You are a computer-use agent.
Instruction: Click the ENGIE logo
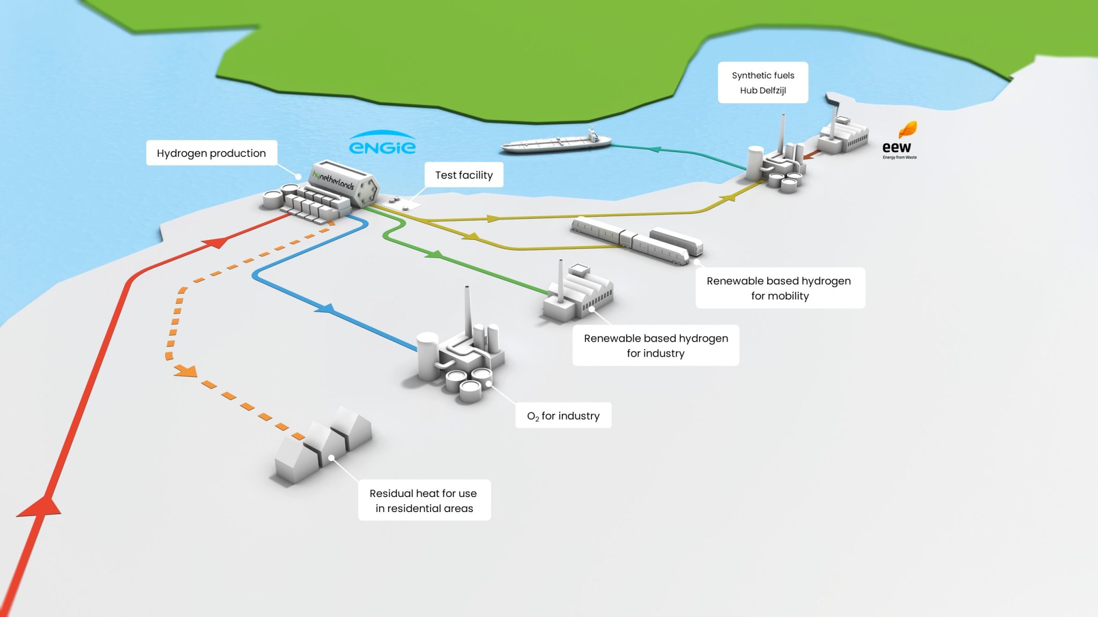[x=382, y=144]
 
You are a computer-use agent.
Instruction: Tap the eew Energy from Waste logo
[x=899, y=142]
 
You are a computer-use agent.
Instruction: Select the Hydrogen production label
[x=211, y=153]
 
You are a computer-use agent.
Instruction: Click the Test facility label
[x=464, y=175]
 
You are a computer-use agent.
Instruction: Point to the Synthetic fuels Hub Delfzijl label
[x=763, y=83]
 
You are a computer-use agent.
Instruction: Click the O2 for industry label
[x=563, y=416]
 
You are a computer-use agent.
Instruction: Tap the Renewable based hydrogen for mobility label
[x=780, y=288]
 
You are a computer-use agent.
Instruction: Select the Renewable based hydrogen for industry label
[x=655, y=345]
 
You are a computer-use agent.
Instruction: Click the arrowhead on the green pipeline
[x=435, y=254]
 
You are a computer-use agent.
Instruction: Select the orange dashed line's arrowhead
[x=186, y=370]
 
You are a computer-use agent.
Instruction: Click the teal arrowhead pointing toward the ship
[x=655, y=149]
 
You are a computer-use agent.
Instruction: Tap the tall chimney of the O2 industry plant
[x=467, y=311]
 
